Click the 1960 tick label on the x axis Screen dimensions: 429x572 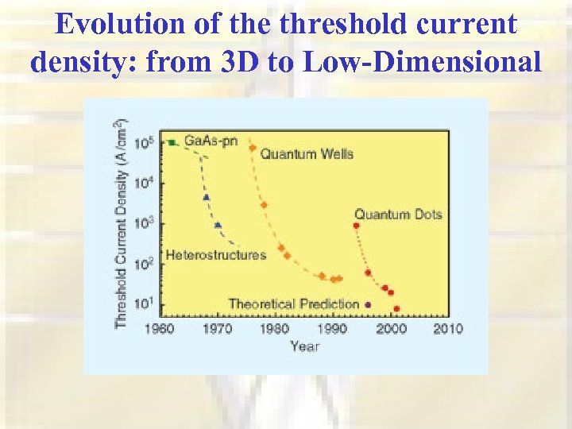(x=160, y=329)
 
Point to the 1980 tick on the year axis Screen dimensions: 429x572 (x=275, y=329)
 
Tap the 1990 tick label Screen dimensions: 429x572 (x=333, y=329)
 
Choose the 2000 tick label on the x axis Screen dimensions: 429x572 (x=391, y=329)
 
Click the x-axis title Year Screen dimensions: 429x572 (x=305, y=346)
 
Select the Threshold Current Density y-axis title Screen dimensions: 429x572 (x=121, y=223)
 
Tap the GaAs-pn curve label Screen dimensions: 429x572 (x=209, y=141)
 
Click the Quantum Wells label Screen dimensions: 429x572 (x=306, y=153)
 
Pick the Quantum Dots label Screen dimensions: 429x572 (x=397, y=214)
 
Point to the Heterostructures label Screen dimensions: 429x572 (x=215, y=255)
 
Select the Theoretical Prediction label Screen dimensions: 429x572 (x=293, y=303)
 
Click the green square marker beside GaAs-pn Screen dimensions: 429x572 (x=172, y=142)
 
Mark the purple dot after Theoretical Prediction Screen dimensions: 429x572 (x=368, y=304)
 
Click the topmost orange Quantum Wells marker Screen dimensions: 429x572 (x=253, y=148)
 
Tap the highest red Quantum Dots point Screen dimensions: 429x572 (x=356, y=226)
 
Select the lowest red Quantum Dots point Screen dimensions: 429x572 (x=396, y=308)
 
